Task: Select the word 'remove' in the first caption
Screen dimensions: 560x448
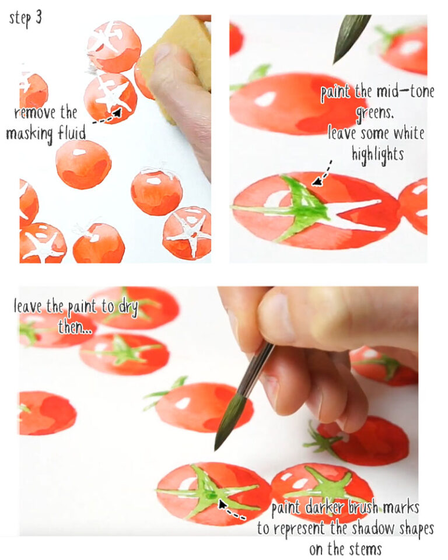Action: click(x=34, y=113)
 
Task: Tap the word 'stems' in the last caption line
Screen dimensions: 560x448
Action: click(x=364, y=548)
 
